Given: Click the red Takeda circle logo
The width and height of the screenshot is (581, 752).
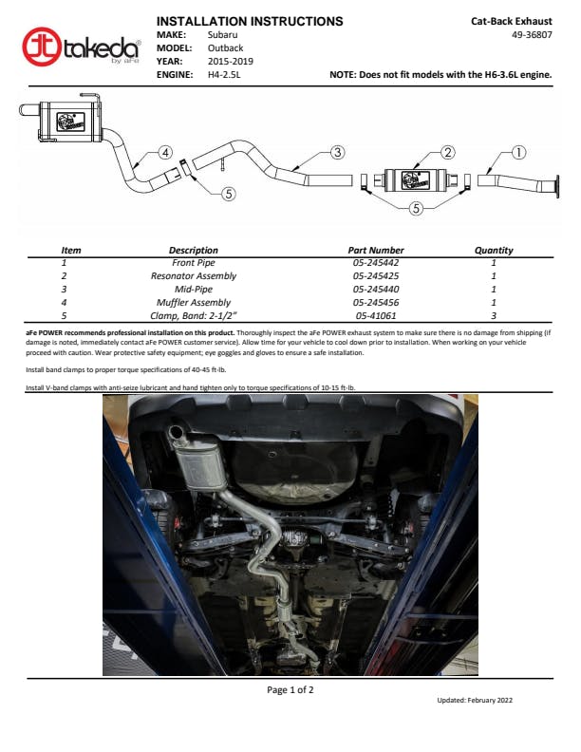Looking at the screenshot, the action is tap(42, 47).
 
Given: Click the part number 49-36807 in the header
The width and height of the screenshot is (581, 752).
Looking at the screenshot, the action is tap(532, 34).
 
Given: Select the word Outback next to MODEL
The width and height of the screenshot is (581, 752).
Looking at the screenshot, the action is tap(225, 48).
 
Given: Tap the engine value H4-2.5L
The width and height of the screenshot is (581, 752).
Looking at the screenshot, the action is tap(224, 74).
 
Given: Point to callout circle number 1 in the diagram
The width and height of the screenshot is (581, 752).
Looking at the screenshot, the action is tap(518, 153).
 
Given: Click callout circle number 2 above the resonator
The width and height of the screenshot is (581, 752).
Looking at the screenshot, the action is tap(447, 153).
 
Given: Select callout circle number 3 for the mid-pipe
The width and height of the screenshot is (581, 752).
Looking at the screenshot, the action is tap(337, 153).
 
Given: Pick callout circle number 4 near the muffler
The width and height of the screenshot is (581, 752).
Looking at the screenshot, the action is tap(165, 153).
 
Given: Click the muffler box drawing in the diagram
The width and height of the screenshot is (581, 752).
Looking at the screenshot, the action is tap(70, 122).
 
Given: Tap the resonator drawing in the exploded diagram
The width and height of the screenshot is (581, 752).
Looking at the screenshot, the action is tap(415, 180).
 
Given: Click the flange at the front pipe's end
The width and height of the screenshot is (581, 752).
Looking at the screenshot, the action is tap(556, 186).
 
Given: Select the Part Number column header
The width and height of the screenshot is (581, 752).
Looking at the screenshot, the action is tap(376, 250).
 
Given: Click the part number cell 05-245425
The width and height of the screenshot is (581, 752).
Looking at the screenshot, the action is tap(376, 275).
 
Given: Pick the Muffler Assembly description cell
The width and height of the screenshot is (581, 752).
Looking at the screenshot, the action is tap(193, 303).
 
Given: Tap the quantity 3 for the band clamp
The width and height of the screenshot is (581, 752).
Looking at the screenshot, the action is tap(494, 315).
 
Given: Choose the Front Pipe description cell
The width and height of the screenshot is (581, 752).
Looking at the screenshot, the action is tap(193, 263).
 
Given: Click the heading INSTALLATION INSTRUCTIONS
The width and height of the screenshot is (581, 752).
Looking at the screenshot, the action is tap(250, 21).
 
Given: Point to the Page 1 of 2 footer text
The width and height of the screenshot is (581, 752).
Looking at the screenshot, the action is tap(290, 689).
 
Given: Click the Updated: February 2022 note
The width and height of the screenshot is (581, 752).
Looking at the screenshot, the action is tap(475, 700).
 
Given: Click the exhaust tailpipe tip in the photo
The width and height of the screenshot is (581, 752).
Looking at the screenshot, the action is tap(176, 432).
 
